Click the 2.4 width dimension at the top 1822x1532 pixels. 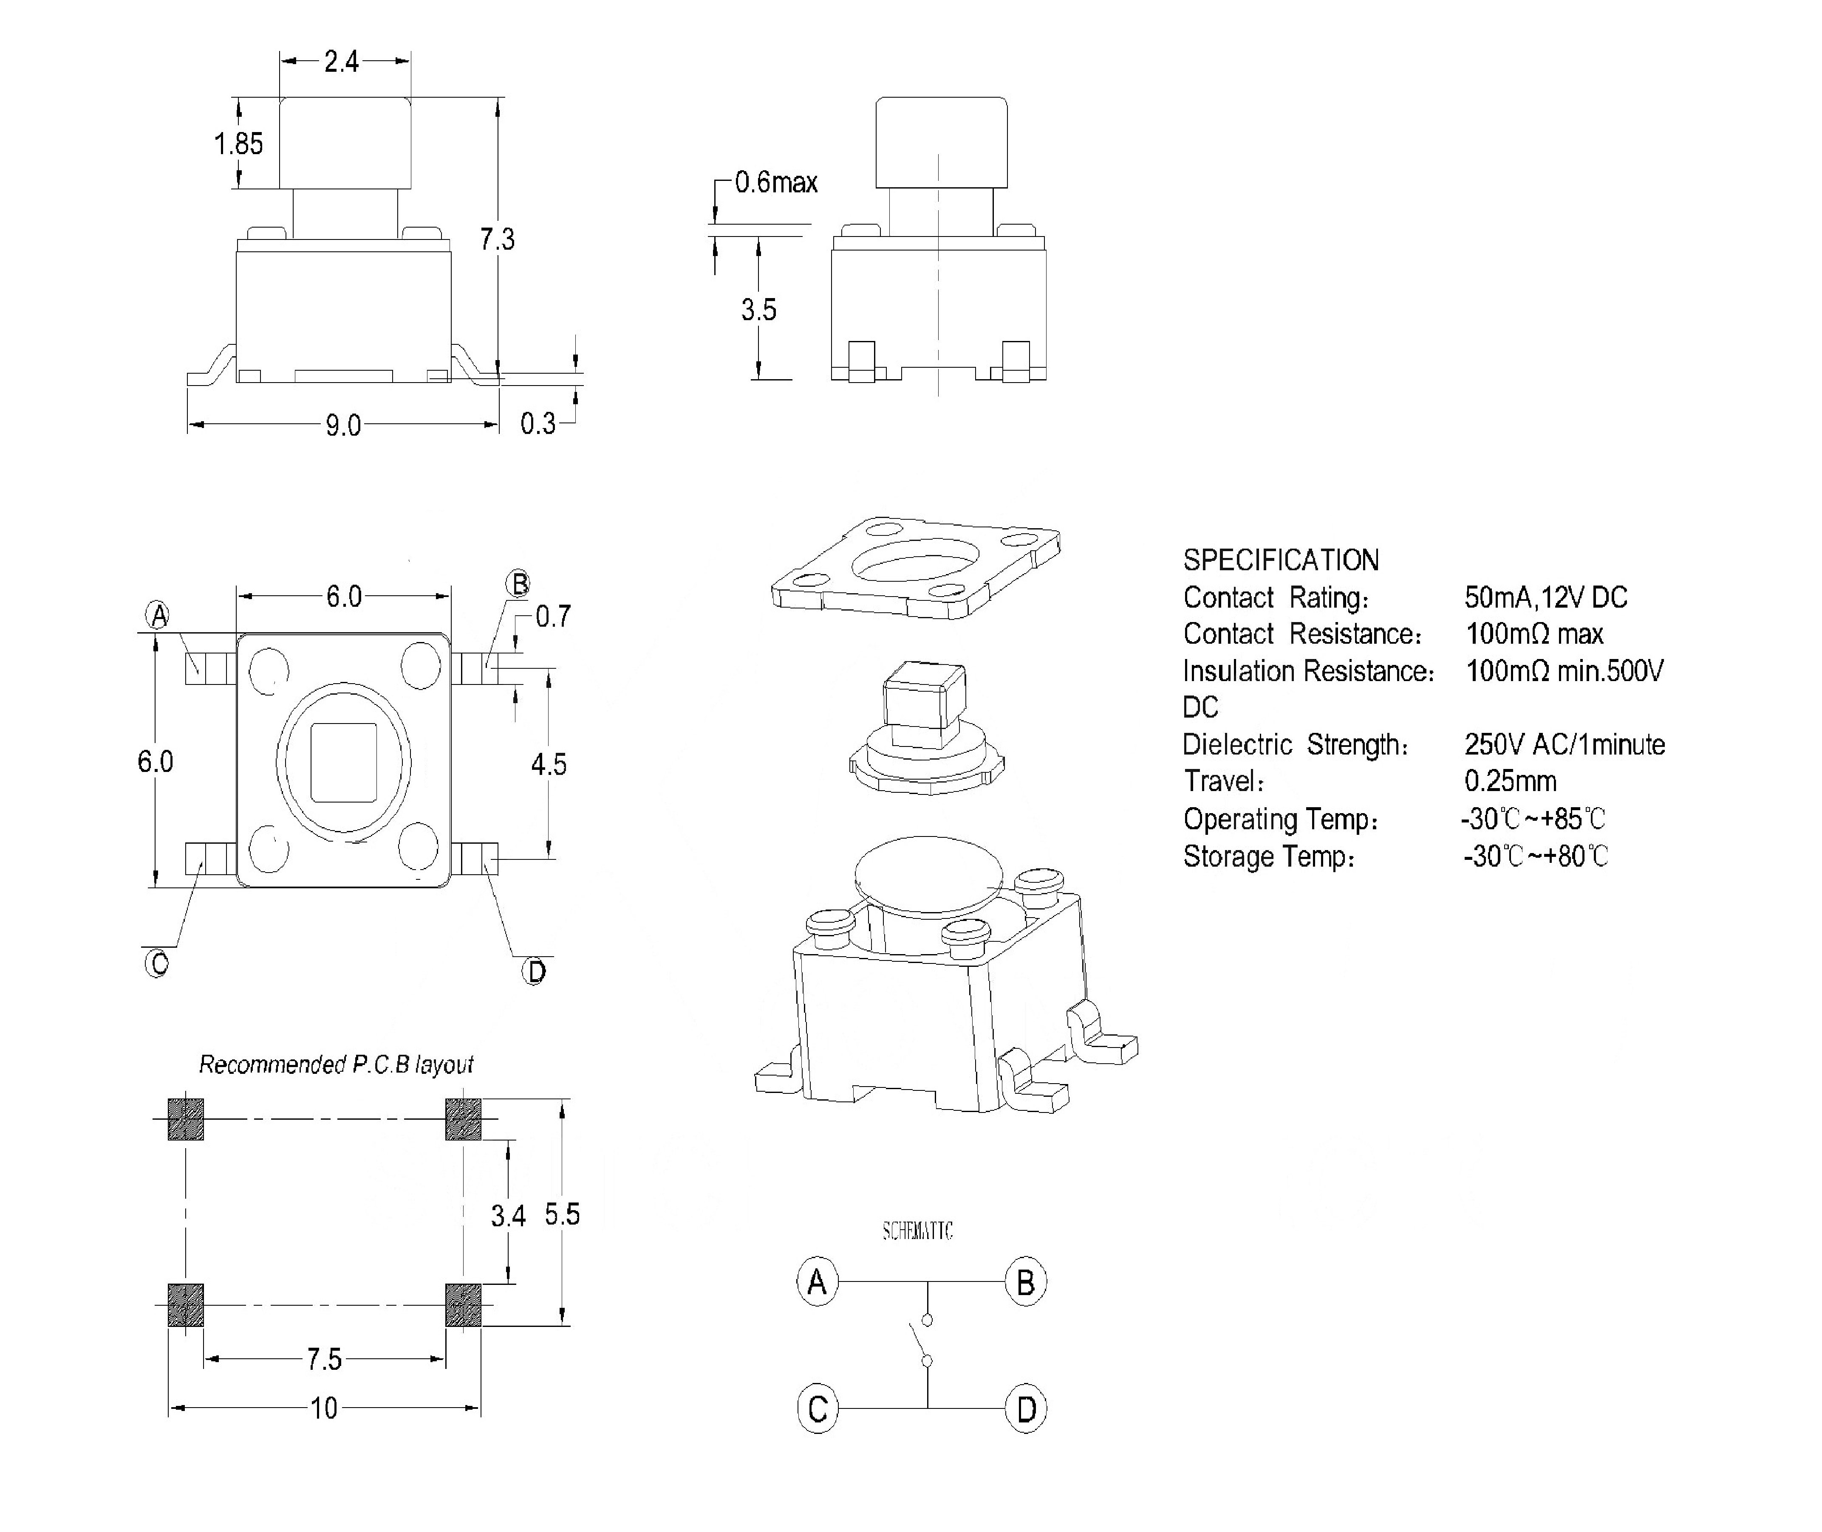[342, 62]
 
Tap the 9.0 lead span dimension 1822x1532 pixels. [343, 425]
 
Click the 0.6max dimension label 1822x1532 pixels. [776, 183]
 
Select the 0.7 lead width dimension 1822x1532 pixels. [553, 617]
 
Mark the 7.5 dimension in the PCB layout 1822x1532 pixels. [324, 1359]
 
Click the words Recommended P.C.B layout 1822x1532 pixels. [336, 1065]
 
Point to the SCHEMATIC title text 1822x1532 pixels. [917, 1231]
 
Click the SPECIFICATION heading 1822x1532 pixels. [1281, 560]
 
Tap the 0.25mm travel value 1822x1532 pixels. [1510, 781]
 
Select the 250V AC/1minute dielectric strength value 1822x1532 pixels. [1564, 744]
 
